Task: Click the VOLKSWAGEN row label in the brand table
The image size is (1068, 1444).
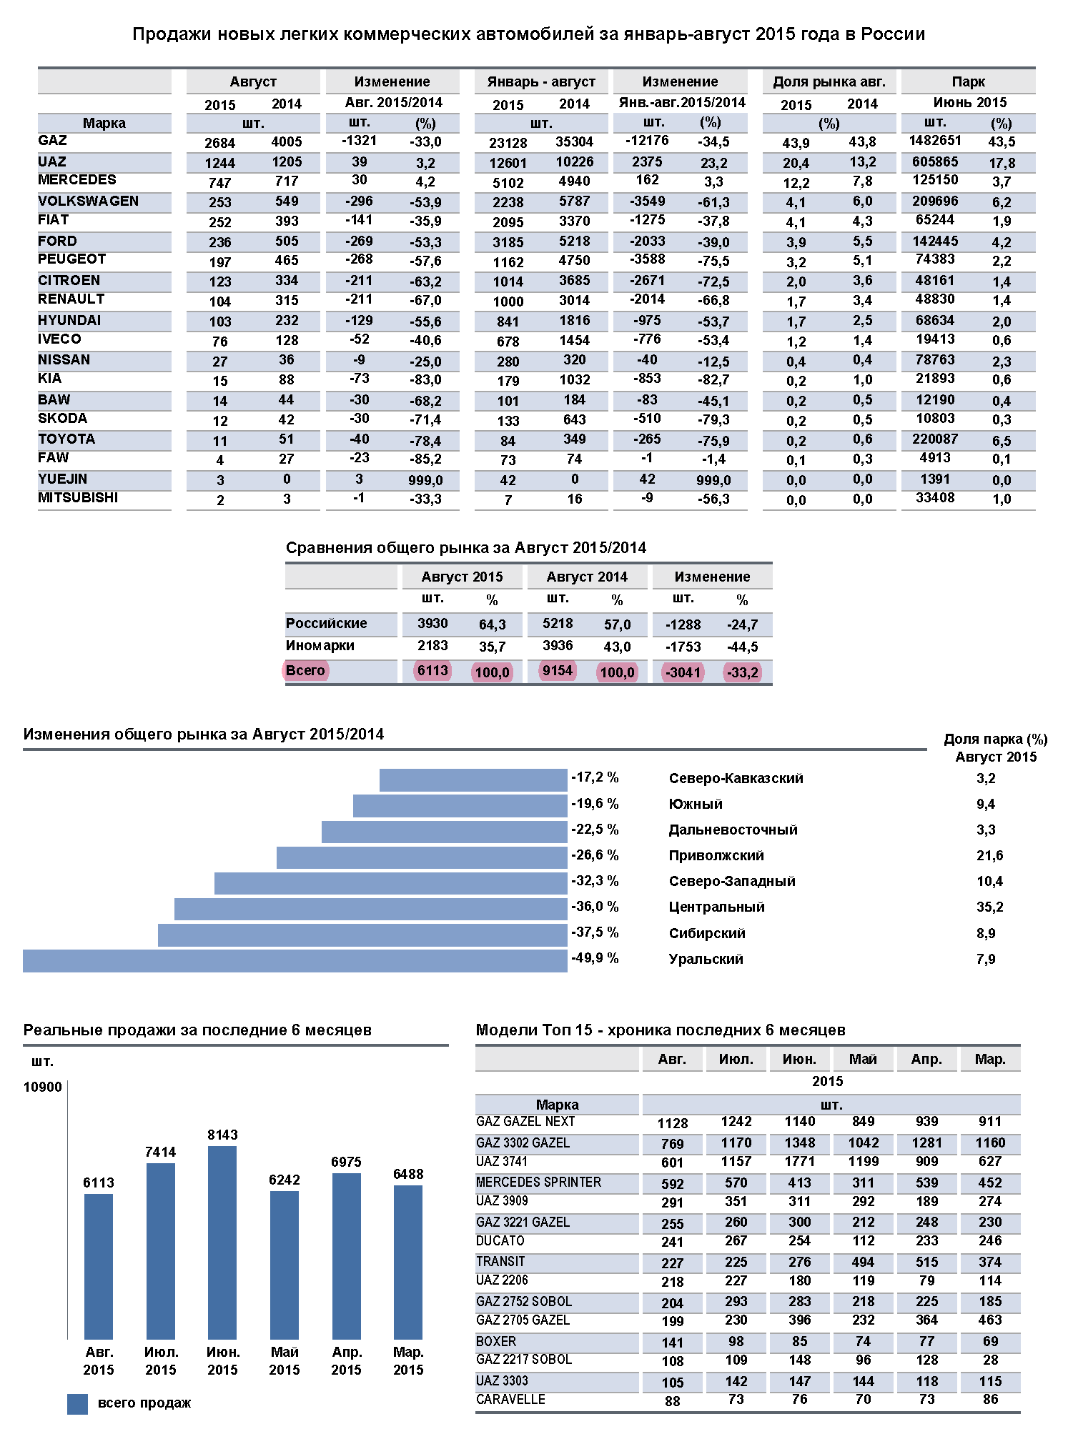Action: point(88,201)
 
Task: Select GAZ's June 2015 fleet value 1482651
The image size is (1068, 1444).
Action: point(934,141)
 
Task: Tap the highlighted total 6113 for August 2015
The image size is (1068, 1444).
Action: point(432,671)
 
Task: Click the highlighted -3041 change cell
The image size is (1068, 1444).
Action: point(683,672)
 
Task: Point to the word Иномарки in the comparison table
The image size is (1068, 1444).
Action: point(320,646)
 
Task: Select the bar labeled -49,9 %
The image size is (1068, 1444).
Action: point(295,961)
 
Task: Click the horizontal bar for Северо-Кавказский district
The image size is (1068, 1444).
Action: point(473,780)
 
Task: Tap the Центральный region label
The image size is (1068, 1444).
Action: point(716,907)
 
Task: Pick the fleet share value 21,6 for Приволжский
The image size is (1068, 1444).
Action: point(989,856)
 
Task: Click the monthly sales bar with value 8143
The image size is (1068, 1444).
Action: point(222,1243)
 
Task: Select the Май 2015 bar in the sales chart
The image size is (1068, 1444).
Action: point(285,1265)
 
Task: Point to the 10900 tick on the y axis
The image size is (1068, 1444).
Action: point(43,1087)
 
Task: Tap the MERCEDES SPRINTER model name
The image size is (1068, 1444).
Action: point(538,1182)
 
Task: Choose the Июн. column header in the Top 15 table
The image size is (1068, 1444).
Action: point(799,1060)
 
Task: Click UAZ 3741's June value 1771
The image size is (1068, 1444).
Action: point(799,1162)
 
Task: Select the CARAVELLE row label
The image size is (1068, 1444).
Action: point(510,1400)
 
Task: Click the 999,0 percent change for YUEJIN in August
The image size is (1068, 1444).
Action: point(425,481)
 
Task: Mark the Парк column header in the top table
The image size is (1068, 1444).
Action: point(968,82)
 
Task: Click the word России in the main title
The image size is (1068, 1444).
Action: point(892,34)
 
